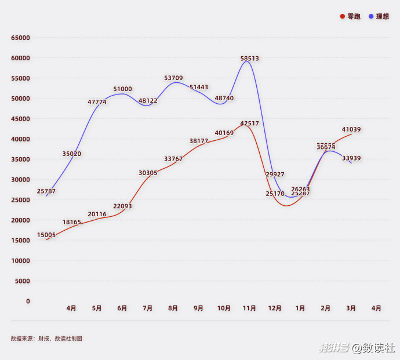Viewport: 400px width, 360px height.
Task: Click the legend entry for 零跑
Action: [x=350, y=16]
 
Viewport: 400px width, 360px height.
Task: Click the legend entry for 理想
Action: [x=379, y=16]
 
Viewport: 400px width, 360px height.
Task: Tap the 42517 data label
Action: [x=249, y=123]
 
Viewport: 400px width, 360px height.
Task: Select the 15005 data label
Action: [x=46, y=235]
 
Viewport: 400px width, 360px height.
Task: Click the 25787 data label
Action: [x=46, y=191]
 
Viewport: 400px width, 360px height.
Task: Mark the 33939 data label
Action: [x=351, y=158]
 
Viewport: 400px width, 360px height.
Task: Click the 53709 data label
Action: [x=173, y=78]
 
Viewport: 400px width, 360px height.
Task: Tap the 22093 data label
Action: [x=122, y=206]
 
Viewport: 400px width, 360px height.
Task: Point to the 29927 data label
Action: [x=275, y=174]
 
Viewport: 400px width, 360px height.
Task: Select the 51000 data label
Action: [x=122, y=89]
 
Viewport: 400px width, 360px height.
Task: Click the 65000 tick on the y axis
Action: [x=20, y=38]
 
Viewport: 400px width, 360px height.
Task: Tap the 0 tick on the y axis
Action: [x=28, y=301]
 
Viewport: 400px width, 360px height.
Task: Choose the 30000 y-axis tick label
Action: [x=20, y=180]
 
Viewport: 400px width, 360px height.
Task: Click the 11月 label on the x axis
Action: [x=249, y=308]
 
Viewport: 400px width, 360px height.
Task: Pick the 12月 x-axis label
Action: [x=275, y=308]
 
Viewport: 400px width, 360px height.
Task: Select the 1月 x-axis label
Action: [x=300, y=308]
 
